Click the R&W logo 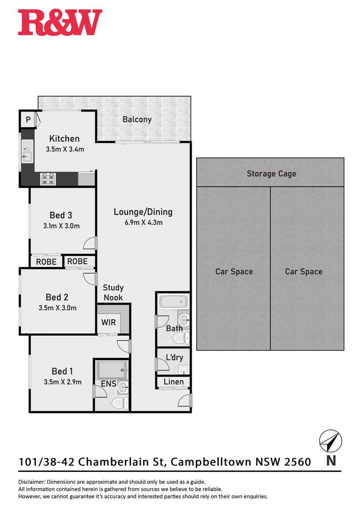coord(60,23)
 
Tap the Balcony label coord(137,120)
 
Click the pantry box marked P coord(28,120)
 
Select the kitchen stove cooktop coord(48,179)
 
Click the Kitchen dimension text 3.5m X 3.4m coord(65,149)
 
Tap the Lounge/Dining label coord(143,212)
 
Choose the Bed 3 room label coord(61,215)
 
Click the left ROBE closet coord(46,262)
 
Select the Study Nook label coord(113,293)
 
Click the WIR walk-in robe coord(108,322)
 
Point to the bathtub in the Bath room coord(173,301)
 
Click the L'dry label coord(174,357)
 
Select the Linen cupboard coord(173,382)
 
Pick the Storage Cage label coord(271,174)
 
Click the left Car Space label coord(234,272)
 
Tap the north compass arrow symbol coord(331,441)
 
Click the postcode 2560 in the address coord(298,462)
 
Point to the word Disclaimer coord(32,482)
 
